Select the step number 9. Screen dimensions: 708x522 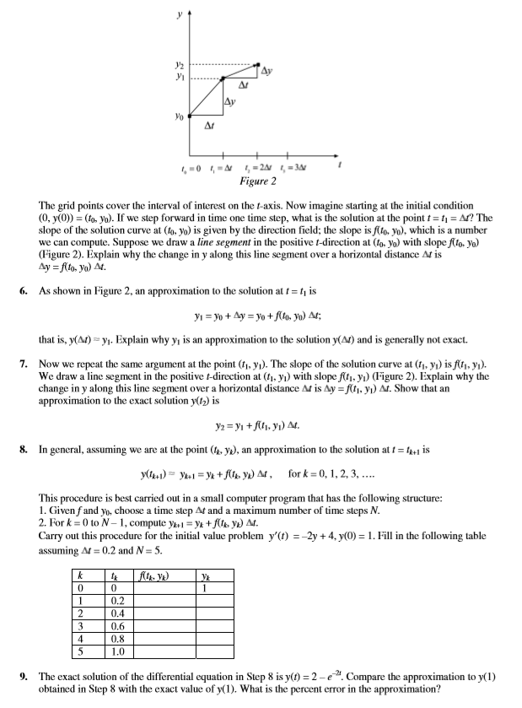point(24,677)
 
